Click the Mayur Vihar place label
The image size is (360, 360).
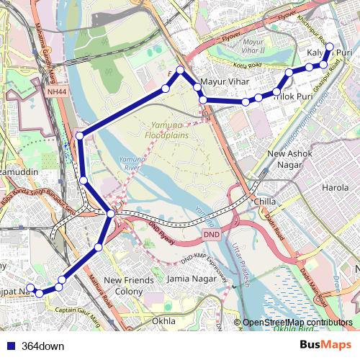[x=224, y=82]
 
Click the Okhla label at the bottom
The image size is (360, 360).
[x=165, y=320]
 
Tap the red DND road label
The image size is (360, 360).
[x=211, y=235]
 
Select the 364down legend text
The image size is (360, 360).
[x=42, y=346]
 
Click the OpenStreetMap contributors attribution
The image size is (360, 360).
[x=298, y=323]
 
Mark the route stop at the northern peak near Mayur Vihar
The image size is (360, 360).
[x=181, y=71]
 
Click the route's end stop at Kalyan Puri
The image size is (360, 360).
[x=330, y=48]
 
